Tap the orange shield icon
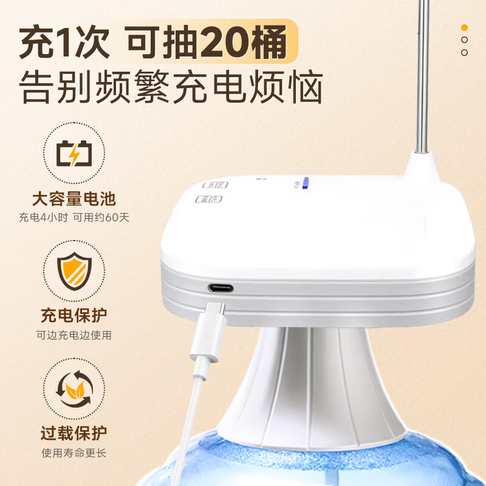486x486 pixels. [x=74, y=270]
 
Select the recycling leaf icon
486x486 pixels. [x=74, y=388]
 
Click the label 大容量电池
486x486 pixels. [x=74, y=198]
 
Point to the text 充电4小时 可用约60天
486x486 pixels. [x=74, y=217]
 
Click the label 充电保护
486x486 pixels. [x=74, y=316]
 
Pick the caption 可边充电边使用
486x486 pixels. [x=74, y=335]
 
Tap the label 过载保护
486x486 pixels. [x=74, y=433]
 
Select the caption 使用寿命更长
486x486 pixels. [x=74, y=453]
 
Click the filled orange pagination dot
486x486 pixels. [x=464, y=27]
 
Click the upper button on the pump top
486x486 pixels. [x=214, y=185]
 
